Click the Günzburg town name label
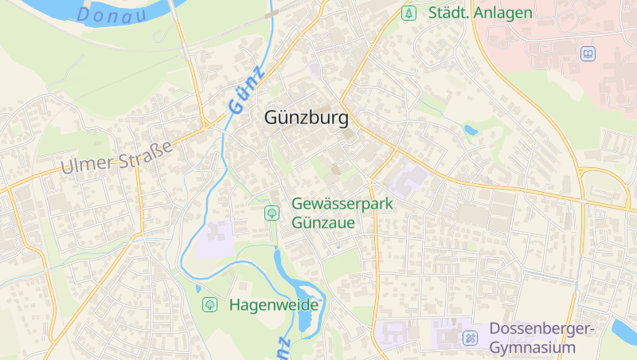click(x=307, y=119)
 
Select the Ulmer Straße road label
click(x=117, y=157)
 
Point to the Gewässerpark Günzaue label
click(x=342, y=213)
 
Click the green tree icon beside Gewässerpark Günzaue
click(x=272, y=213)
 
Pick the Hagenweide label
click(x=274, y=304)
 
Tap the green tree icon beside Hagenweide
click(x=210, y=304)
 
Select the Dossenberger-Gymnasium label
click(x=531, y=338)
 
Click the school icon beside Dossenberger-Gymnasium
click(x=471, y=338)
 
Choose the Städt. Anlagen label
click(x=480, y=13)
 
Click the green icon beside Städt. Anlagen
click(x=408, y=13)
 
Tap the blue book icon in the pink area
click(x=588, y=54)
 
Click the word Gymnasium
click(x=531, y=348)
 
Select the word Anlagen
click(x=502, y=13)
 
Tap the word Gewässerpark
click(x=342, y=203)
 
